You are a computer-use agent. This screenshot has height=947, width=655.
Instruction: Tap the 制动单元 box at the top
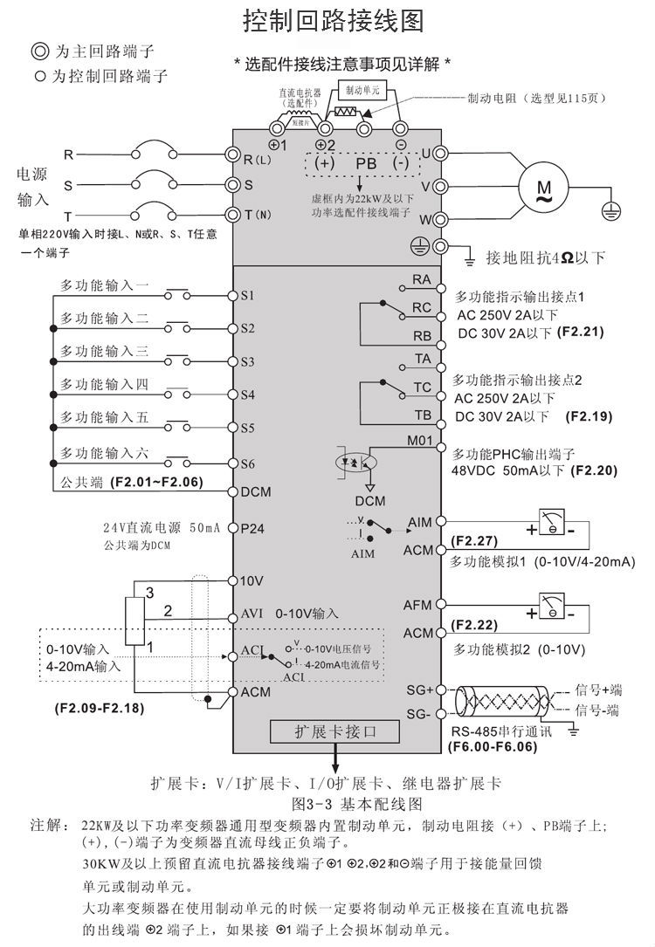(x=360, y=91)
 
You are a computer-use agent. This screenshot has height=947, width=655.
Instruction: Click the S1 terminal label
(x=247, y=296)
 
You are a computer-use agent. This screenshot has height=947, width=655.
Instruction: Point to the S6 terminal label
(x=247, y=463)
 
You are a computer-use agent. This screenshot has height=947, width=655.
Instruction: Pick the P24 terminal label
(x=252, y=528)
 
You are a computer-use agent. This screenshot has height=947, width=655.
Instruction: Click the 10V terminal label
(x=251, y=580)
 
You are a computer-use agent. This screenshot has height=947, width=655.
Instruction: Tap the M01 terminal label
(x=420, y=441)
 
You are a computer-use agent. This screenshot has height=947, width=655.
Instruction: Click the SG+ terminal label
(x=420, y=690)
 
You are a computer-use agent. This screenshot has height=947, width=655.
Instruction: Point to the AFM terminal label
(x=419, y=605)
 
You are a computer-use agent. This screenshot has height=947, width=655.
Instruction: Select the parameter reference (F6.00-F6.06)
(x=492, y=747)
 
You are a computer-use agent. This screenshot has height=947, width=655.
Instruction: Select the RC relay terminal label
(x=422, y=307)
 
